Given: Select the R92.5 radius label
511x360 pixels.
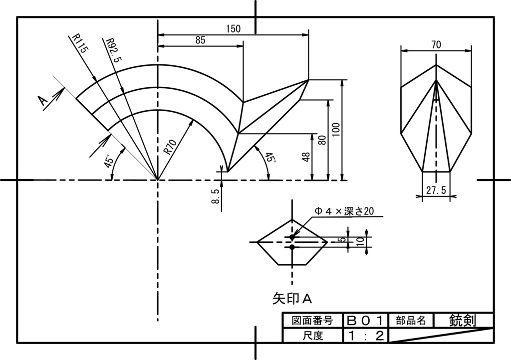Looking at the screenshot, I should click(114, 49).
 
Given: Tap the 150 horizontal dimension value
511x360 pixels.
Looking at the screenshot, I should click(233, 29).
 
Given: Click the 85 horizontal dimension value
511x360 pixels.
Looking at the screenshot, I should click(200, 40).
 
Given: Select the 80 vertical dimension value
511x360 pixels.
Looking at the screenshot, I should click(322, 140).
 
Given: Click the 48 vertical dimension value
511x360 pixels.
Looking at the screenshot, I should click(306, 157).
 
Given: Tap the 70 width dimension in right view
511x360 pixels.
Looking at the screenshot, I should click(436, 45).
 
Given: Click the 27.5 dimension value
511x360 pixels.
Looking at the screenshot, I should click(436, 190).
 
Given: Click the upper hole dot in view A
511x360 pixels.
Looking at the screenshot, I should click(292, 237).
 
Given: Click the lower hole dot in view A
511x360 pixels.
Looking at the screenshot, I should click(292, 246).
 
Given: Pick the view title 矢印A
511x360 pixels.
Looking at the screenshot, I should click(292, 298).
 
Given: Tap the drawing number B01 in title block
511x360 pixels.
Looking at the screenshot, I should click(366, 320).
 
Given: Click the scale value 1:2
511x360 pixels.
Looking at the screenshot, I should click(366, 336).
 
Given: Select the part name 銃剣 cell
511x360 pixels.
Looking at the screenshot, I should click(463, 320).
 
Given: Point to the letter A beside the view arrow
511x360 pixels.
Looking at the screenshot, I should click(43, 101).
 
